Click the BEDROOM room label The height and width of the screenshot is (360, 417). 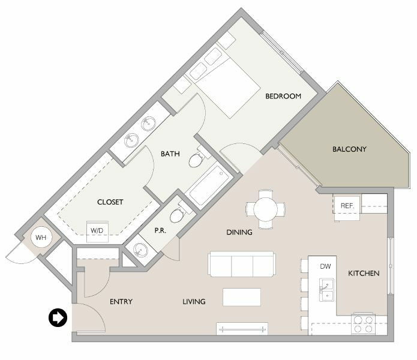283,96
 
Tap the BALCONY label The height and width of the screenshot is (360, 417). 349,149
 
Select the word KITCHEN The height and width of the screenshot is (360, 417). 364,274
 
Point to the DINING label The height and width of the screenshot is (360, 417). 239,232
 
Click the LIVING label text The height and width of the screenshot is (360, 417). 194,302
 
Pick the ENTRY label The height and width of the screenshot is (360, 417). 121,302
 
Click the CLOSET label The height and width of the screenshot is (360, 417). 110,202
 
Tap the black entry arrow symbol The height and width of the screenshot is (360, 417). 58,317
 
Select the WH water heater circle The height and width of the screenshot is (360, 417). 41,237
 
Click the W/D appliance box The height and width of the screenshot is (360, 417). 98,232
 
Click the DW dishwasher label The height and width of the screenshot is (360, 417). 326,266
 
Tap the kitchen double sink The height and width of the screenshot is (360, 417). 326,290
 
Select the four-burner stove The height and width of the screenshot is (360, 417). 363,324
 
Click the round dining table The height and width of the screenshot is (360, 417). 266,209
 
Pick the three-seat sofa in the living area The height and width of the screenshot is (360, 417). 242,264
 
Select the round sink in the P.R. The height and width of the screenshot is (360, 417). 140,250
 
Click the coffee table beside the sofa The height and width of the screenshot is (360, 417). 242,297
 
